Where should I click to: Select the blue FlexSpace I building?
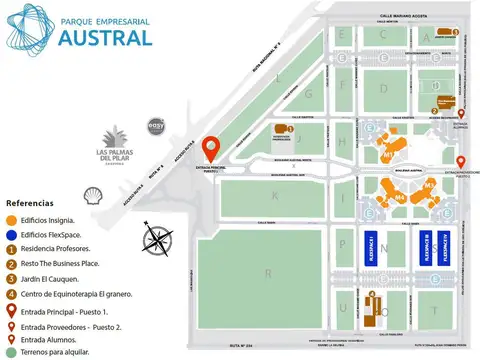[x=367, y=246]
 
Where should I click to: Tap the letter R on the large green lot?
[x=269, y=271]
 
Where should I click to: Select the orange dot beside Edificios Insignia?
[x=10, y=219]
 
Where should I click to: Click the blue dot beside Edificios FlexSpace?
[x=10, y=232]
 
